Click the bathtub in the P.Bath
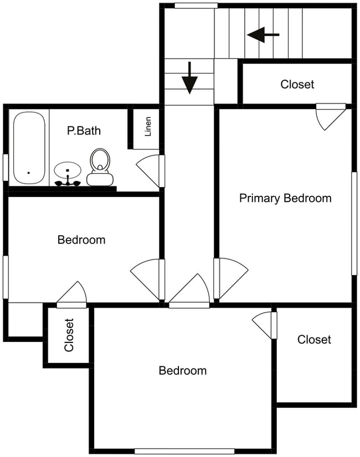[x=29, y=148]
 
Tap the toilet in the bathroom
[x=100, y=167]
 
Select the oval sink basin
[x=68, y=170]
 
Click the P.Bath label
[x=84, y=131]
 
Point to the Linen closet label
[x=148, y=127]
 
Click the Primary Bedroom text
[x=285, y=198]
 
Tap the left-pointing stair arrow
[x=263, y=35]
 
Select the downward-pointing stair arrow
[x=189, y=78]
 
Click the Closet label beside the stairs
[x=297, y=85]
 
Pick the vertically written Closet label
[x=69, y=335]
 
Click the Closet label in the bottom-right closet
[x=314, y=340]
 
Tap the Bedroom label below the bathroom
[x=81, y=240]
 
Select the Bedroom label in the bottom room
[x=183, y=371]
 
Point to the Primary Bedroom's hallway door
[x=231, y=278]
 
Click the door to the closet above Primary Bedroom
[x=331, y=117]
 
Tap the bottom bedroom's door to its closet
[x=264, y=325]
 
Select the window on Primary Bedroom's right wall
[x=354, y=224]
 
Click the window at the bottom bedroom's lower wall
[x=184, y=451]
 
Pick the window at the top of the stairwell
[x=196, y=6]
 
